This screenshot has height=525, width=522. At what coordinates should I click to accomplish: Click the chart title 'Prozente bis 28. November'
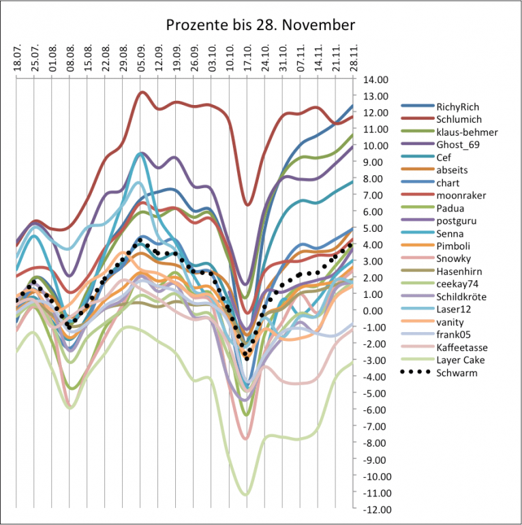coord(261,26)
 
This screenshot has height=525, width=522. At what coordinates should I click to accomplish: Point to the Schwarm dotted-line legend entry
coord(455,373)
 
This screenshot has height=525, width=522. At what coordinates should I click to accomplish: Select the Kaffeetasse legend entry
coord(460,348)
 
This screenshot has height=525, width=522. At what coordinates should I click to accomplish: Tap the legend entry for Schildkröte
coord(461,297)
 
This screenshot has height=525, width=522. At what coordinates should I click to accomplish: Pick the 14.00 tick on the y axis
coord(375,79)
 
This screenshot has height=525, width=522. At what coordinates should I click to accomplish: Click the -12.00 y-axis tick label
coord(373,509)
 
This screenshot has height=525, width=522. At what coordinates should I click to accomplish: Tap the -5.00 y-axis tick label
coord(375,393)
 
